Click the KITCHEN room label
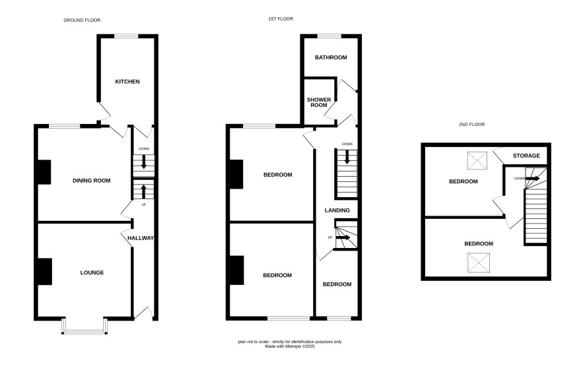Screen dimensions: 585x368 (x=127, y=82)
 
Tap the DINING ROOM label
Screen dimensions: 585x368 (x=91, y=181)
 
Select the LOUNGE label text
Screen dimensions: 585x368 (x=92, y=272)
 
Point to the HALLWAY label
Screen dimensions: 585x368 (x=141, y=238)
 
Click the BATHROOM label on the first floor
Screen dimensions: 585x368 (x=331, y=57)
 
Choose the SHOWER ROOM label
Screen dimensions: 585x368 (x=319, y=102)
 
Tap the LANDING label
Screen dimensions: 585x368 (x=337, y=210)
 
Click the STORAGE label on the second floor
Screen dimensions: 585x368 (x=526, y=156)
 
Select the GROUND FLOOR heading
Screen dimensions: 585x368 (x=82, y=20)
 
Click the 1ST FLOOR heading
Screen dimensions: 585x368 (x=281, y=18)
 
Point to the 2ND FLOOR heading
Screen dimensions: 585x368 (x=472, y=125)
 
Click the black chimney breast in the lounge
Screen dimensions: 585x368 (x=45, y=272)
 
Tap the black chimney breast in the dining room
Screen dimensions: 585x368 (x=44, y=172)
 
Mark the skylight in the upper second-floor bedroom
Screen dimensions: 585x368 (x=477, y=161)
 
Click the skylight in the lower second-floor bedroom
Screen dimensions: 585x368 (x=479, y=262)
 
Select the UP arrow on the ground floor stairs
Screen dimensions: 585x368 (x=144, y=192)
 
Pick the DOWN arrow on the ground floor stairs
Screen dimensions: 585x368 (x=144, y=162)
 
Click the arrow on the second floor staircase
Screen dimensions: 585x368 (x=533, y=179)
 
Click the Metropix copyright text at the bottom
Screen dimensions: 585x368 (x=290, y=346)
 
